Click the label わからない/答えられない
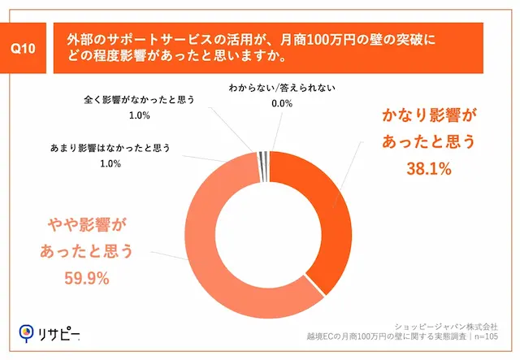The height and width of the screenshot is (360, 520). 281,87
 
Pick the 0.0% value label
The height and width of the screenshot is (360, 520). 281,103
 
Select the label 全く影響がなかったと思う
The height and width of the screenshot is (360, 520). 140,101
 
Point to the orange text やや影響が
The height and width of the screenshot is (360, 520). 86,223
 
